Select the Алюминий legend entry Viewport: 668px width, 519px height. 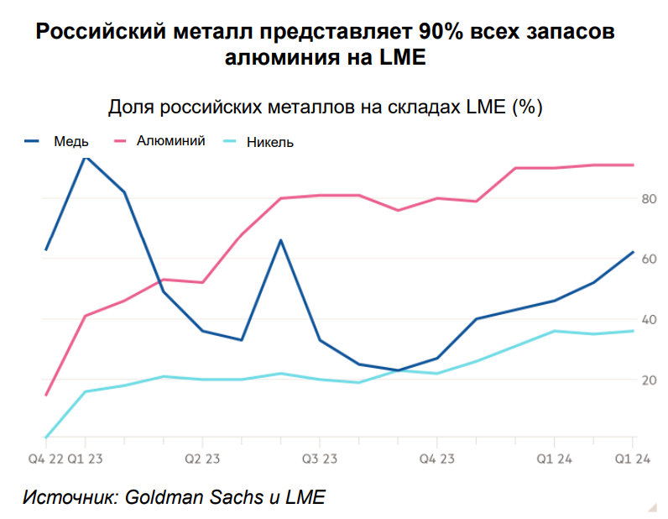170,141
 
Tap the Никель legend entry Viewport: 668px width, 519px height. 271,142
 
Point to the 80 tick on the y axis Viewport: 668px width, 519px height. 648,199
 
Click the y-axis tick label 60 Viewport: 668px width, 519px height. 648,259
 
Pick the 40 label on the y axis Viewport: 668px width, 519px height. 648,320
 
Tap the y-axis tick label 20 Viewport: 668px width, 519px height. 648,380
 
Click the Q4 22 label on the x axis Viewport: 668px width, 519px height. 46,458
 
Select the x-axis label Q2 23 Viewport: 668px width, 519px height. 201,458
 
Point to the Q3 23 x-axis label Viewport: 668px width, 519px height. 319,458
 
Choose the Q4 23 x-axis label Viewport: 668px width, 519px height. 436,458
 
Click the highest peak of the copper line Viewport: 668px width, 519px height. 85,156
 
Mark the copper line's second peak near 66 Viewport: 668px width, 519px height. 280,240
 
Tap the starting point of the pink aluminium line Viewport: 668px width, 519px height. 46,395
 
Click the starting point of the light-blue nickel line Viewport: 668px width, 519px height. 46,438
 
